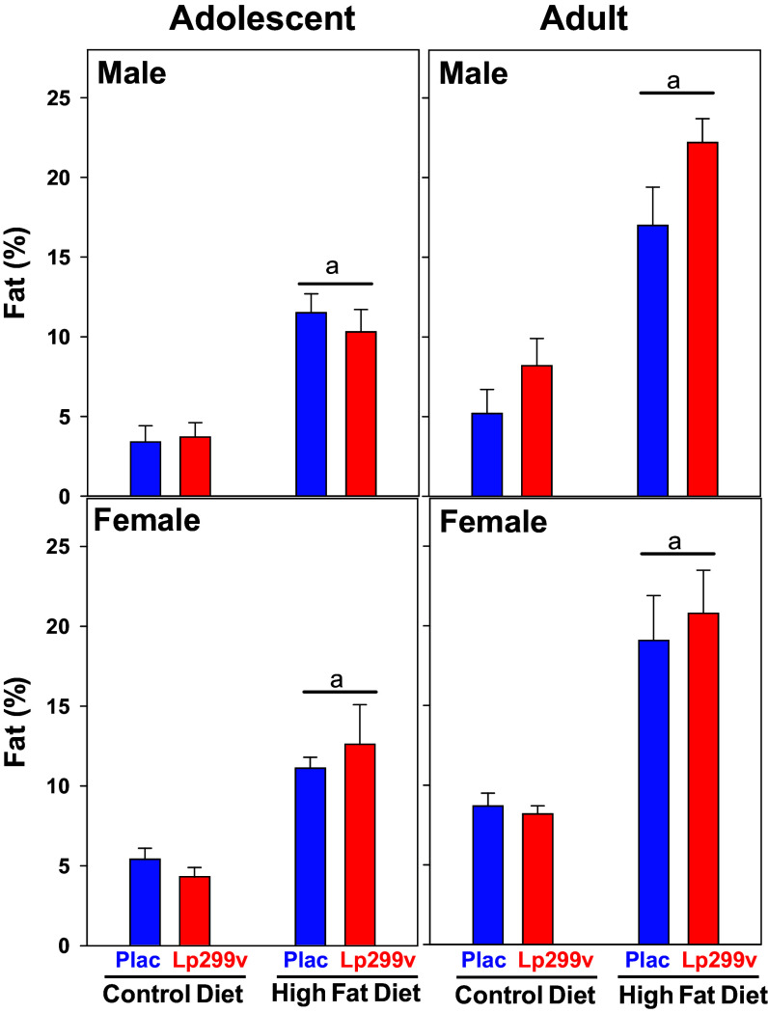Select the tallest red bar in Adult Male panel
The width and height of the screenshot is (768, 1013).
coord(703,318)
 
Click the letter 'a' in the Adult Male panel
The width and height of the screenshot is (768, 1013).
coord(675,81)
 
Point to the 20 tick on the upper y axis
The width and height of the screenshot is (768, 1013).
coord(68,178)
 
